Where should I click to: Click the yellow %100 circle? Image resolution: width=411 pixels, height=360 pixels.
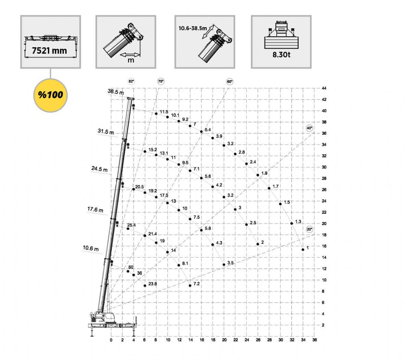[50, 95]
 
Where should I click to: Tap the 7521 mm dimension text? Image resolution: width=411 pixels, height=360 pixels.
[49, 51]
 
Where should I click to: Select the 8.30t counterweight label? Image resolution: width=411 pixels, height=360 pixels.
[281, 55]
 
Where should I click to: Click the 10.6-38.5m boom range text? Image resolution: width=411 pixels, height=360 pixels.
[193, 28]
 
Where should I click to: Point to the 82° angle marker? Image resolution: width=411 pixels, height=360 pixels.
[131, 82]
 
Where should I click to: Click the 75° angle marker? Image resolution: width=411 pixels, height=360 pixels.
[161, 82]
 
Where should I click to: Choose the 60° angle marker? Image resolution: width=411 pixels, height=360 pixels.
[229, 82]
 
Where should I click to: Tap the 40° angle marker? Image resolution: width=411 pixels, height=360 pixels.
[309, 128]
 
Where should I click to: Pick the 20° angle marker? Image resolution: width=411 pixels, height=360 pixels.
[309, 229]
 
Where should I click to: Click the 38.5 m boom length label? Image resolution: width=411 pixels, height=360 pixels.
[116, 92]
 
